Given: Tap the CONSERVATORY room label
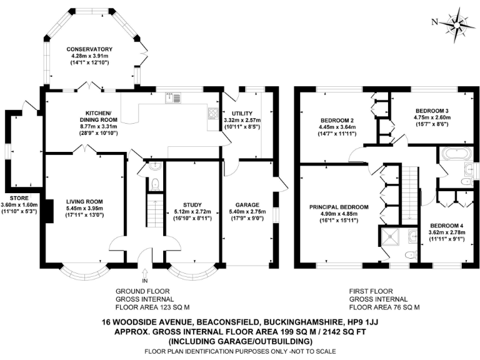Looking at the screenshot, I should tap(91, 49).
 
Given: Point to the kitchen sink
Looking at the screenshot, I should tap(173, 98).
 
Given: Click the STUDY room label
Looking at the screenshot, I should tap(193, 205).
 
